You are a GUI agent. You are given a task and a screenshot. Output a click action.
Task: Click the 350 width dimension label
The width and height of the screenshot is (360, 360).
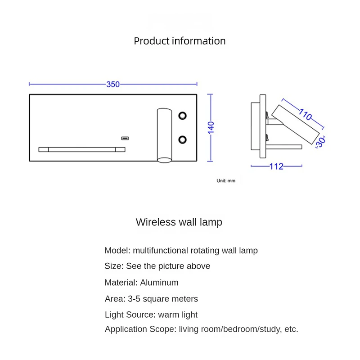tap(113, 84)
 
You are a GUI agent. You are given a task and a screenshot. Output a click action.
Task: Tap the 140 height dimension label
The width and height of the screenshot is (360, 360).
tap(211, 127)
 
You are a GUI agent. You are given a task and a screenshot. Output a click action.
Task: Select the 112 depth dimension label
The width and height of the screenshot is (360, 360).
tap(276, 166)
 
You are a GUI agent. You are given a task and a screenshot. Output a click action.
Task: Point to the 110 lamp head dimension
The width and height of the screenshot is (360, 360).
tap(305, 115)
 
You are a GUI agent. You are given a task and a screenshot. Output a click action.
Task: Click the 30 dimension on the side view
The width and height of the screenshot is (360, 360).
tap(320, 142)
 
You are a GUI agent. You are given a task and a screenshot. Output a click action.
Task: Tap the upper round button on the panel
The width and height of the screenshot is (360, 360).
tap(182, 116)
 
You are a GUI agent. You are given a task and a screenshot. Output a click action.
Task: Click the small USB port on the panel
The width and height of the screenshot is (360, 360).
tap(125, 138)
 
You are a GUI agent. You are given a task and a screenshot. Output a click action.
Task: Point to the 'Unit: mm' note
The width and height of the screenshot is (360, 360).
tap(226, 180)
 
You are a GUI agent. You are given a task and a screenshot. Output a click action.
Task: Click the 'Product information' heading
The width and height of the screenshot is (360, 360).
tap(180, 41)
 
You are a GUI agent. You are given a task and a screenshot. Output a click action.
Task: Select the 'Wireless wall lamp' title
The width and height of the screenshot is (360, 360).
tap(179, 222)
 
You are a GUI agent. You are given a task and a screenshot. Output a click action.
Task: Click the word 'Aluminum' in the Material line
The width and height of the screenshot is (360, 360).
tap(159, 283)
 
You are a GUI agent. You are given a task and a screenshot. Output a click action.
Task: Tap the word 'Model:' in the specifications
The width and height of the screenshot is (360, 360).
tap(117, 251)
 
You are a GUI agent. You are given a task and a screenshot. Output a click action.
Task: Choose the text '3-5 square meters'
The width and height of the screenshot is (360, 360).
tap(162, 299)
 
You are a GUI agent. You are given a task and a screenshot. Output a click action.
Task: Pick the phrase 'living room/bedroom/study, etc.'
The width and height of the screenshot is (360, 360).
tap(238, 329)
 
